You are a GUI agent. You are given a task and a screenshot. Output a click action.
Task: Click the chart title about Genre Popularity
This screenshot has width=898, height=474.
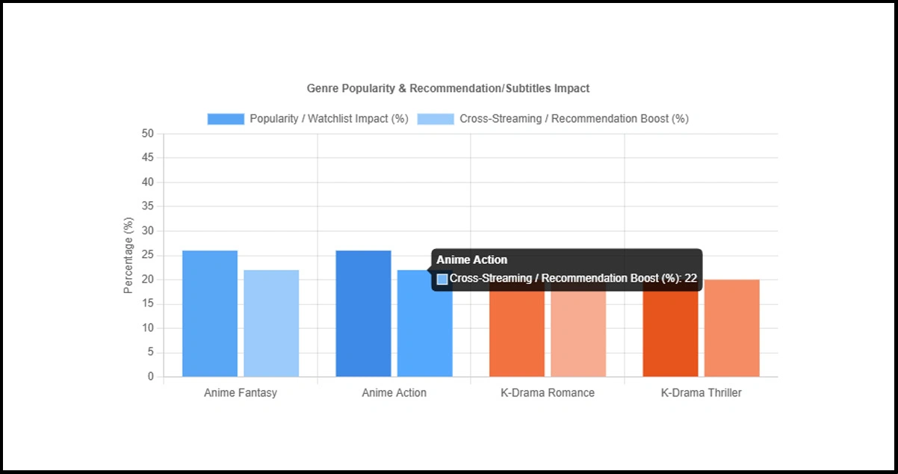[448, 88]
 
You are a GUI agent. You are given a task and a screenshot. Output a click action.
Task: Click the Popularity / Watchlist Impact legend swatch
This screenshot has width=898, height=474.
[226, 119]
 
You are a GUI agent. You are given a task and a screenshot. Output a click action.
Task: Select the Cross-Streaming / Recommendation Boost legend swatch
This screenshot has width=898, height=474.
[436, 119]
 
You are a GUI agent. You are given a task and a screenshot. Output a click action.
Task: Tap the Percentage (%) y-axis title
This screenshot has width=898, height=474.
[128, 256]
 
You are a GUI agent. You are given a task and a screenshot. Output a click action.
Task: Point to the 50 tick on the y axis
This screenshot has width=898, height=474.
[148, 134]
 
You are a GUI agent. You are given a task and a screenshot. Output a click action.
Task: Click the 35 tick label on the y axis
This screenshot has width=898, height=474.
[148, 207]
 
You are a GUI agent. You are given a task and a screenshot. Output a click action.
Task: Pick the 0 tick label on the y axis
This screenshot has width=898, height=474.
[151, 377]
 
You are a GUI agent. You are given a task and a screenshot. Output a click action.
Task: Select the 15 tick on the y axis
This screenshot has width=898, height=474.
[148, 304]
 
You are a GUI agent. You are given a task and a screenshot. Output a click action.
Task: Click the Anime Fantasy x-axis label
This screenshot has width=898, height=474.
[241, 393]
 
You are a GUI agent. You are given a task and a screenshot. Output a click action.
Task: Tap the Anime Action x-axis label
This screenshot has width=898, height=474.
[394, 393]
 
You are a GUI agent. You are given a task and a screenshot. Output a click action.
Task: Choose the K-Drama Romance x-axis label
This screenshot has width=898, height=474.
[548, 393]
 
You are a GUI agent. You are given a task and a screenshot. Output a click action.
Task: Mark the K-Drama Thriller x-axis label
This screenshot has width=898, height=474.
[701, 393]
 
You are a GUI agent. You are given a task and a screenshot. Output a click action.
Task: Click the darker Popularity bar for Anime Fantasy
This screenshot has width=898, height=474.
[210, 314]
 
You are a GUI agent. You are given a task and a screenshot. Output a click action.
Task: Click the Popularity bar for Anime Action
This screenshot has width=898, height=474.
[363, 314]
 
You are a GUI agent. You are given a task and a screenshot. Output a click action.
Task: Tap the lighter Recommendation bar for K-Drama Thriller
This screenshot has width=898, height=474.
[731, 329]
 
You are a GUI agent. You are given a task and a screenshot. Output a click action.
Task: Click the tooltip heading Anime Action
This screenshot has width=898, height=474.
[471, 260]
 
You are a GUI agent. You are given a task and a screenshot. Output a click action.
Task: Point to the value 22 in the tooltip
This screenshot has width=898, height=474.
[690, 279]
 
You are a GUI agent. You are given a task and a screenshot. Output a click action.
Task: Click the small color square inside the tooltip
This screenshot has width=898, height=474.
[442, 279]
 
